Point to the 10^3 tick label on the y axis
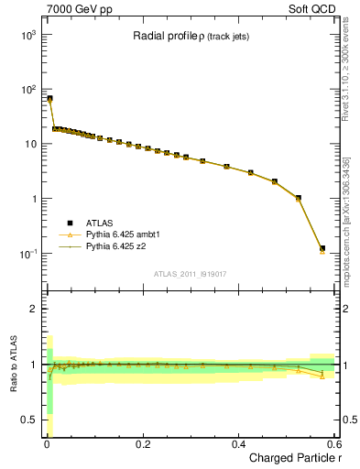click(x=26, y=35)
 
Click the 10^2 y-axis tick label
click(x=26, y=90)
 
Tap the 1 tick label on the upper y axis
click(x=32, y=199)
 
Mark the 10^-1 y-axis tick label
click(x=26, y=254)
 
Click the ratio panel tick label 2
click(x=32, y=309)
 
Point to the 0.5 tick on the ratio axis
click(x=28, y=420)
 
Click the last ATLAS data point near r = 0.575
click(x=322, y=248)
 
